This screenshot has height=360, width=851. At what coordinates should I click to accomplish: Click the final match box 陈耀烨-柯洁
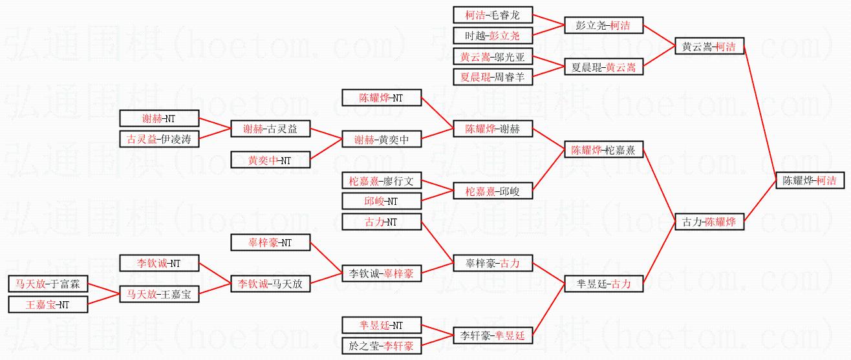809,180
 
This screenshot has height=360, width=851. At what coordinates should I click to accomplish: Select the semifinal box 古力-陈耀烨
709,221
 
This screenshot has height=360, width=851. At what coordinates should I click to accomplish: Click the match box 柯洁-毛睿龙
492,15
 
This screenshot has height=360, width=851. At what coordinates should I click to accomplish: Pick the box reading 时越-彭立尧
492,35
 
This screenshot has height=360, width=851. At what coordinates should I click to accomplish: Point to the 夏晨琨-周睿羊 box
492,77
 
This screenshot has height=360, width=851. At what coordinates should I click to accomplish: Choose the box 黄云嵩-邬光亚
492,57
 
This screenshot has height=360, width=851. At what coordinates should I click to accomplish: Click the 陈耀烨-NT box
381,98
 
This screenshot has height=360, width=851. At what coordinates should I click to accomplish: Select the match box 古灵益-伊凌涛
159,139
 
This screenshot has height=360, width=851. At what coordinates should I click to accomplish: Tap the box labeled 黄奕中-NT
270,160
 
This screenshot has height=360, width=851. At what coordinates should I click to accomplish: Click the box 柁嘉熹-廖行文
381,180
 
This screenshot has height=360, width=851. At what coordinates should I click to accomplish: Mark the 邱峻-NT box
381,201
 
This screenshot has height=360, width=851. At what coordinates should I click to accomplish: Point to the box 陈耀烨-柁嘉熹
603,150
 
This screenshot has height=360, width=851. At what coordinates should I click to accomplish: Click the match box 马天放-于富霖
48,284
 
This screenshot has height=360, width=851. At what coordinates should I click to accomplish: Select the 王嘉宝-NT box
48,304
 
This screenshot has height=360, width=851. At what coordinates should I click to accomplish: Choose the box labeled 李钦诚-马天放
270,283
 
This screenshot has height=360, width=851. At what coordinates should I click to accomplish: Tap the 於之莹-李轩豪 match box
381,346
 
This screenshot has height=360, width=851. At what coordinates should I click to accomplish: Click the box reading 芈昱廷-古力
603,283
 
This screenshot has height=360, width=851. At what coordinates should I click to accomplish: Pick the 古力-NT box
381,222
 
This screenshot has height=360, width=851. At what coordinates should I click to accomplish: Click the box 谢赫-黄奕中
381,139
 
